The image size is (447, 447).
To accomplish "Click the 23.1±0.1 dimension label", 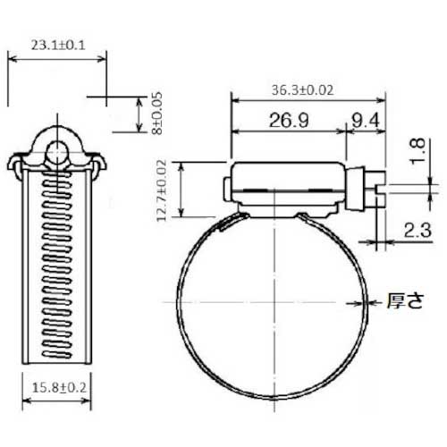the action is pyautogui.click(x=58, y=46).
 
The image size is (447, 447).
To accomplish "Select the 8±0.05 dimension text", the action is pyautogui.click(x=156, y=114).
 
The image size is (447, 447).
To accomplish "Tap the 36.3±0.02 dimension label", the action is pyautogui.click(x=302, y=90).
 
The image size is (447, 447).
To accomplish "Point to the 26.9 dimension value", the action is pyautogui.click(x=289, y=120).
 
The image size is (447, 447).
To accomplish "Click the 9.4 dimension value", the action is pyautogui.click(x=366, y=121).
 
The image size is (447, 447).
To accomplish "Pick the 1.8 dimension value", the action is pyautogui.click(x=417, y=151).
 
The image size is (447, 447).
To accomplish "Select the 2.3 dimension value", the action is pyautogui.click(x=417, y=230).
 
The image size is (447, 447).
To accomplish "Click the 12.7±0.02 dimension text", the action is pyautogui.click(x=161, y=190).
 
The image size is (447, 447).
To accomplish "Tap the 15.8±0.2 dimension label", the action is pyautogui.click(x=59, y=388).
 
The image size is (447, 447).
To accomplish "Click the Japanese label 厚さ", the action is pyautogui.click(x=405, y=300).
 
